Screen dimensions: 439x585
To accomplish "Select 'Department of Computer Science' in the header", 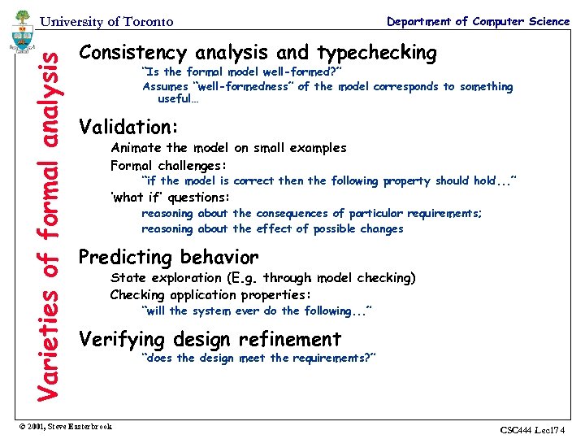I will tap(478, 21).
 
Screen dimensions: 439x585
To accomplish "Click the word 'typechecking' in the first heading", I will tap(376, 54).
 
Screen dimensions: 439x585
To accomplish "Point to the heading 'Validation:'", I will tap(128, 128).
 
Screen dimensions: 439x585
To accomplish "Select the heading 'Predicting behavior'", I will tap(168, 258).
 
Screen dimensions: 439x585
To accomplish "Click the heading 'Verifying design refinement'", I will tap(210, 339).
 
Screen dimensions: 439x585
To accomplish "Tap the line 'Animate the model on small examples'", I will tap(228, 148).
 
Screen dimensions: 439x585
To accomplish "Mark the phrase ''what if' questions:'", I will tap(171, 198).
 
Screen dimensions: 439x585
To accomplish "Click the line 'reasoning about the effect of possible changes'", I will tap(272, 229).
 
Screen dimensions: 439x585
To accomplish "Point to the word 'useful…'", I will tap(178, 99).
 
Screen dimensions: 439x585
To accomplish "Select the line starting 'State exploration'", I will tap(262, 278).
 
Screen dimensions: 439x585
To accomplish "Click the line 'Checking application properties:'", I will tap(211, 294).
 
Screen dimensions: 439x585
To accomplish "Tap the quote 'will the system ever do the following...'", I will tap(257, 311).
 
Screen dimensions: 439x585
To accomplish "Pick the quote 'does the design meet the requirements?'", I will tap(258, 359).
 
